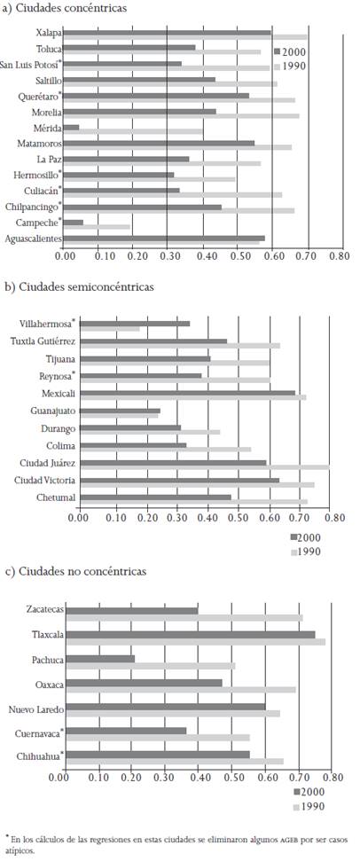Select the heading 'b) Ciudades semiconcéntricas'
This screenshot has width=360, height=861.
pyautogui.click(x=79, y=287)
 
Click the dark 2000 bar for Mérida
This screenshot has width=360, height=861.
pyautogui.click(x=72, y=127)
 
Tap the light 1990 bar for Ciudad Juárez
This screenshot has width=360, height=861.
pyautogui.click(x=204, y=466)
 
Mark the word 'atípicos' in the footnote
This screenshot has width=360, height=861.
pyautogui.click(x=22, y=849)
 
